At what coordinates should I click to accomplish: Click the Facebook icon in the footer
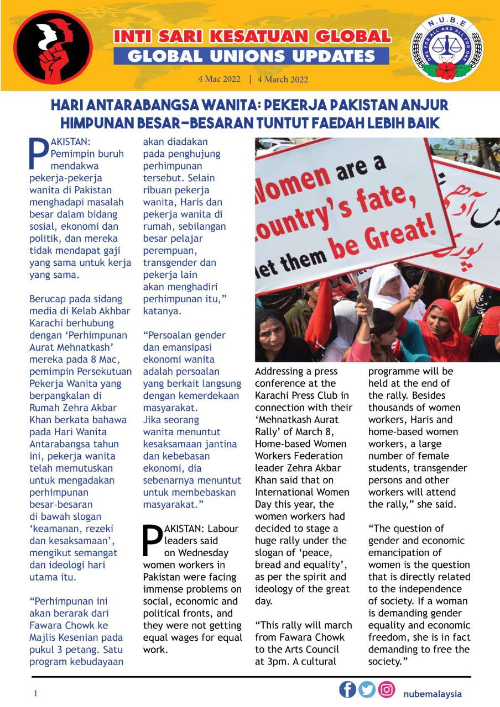pyautogui.click(x=347, y=689)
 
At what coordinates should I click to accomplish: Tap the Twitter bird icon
pyautogui.click(x=367, y=689)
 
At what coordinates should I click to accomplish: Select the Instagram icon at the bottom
pyautogui.click(x=387, y=689)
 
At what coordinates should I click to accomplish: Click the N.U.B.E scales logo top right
pyautogui.click(x=446, y=49)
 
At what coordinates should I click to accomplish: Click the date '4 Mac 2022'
pyautogui.click(x=220, y=79)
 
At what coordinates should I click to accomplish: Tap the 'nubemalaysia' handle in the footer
pyautogui.click(x=432, y=694)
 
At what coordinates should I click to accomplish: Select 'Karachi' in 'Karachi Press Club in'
pyautogui.click(x=273, y=395)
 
